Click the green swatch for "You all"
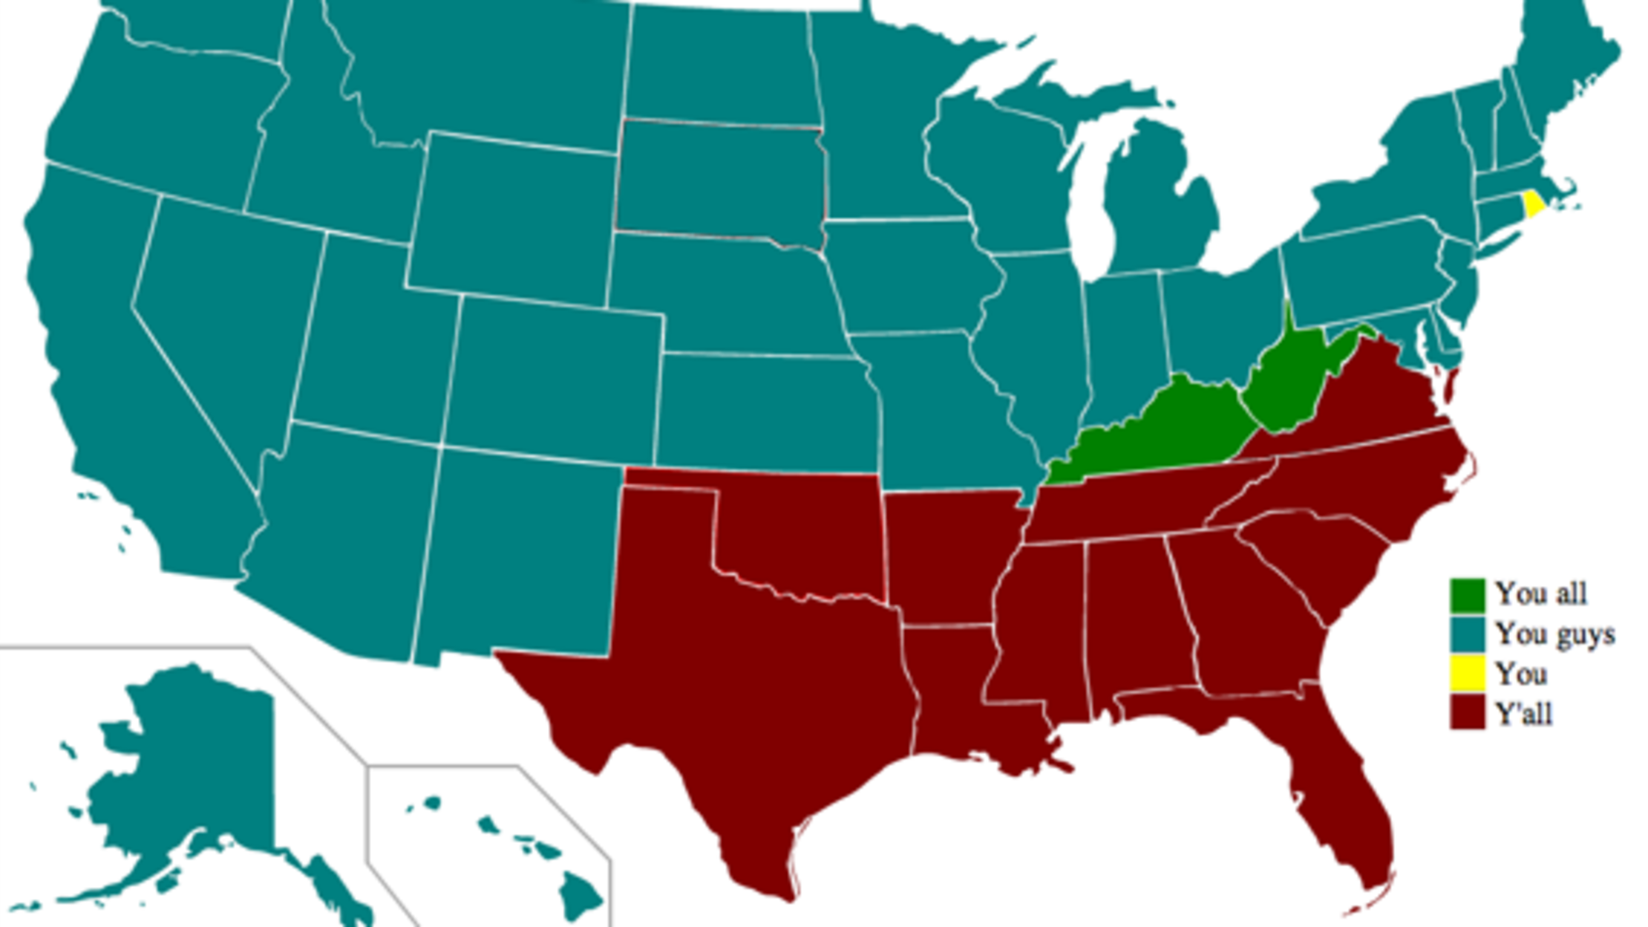[1468, 595]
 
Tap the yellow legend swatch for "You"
[1468, 674]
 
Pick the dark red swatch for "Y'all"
[1468, 713]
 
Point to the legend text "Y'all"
[1523, 714]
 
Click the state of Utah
[371, 334]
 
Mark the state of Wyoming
[512, 219]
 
